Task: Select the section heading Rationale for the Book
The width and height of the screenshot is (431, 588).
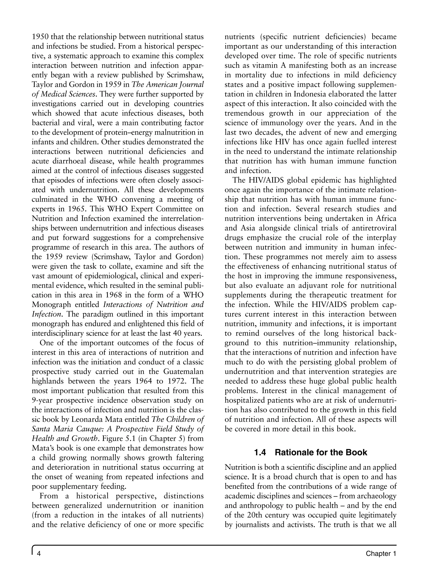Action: (321, 452)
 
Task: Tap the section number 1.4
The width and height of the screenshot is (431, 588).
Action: (260, 452)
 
